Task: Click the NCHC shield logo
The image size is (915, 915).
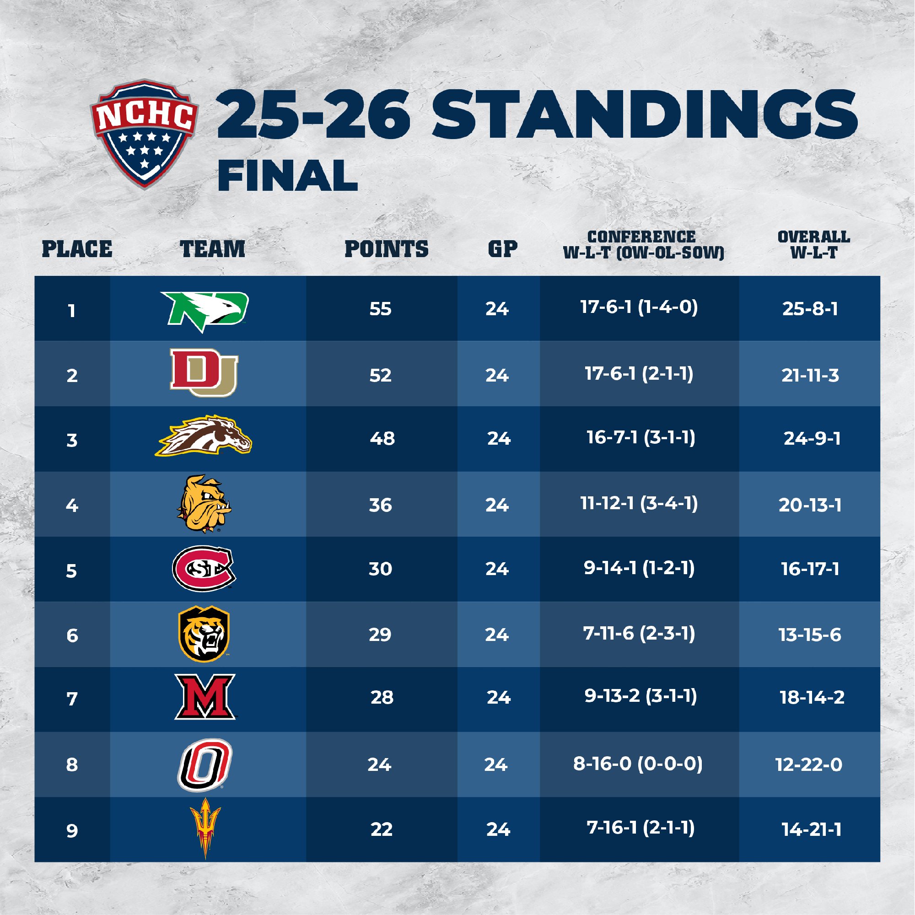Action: [144, 134]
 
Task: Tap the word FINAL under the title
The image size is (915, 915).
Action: [287, 176]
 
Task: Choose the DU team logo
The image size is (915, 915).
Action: [204, 373]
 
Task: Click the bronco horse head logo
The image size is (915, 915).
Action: [204, 436]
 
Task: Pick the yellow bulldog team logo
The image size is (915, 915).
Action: [204, 503]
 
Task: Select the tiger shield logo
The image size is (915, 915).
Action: [204, 634]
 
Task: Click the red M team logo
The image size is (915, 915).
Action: [205, 697]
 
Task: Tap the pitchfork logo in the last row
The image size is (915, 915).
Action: [205, 829]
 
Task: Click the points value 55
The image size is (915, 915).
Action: [380, 309]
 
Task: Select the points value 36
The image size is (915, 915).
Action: [380, 505]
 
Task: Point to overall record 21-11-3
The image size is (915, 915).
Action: [810, 375]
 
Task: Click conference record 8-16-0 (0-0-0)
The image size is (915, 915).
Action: [638, 764]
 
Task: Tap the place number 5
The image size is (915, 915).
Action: [71, 571]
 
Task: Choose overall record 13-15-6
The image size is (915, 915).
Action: [810, 635]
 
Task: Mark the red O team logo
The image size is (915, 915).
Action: [205, 765]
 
